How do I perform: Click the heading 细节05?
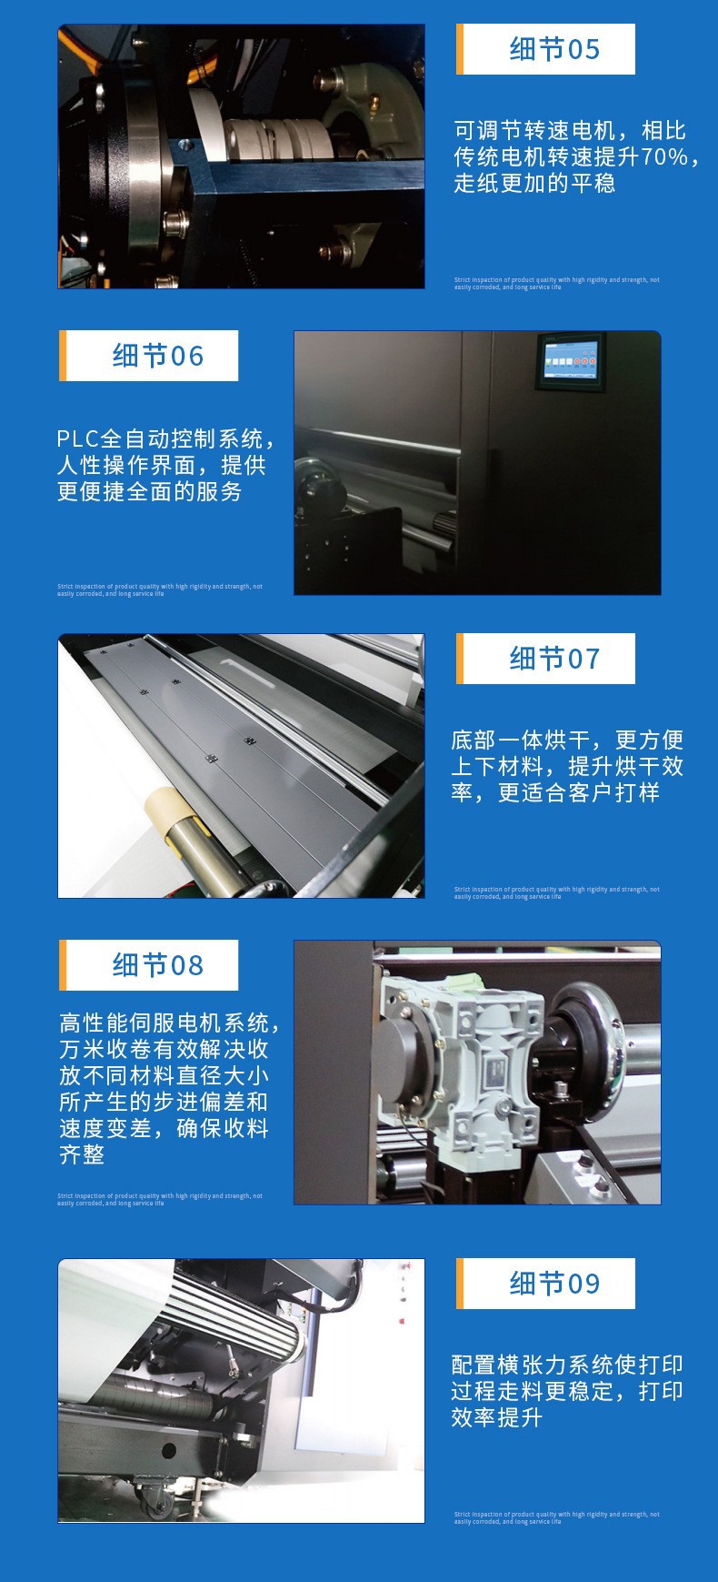[553, 49]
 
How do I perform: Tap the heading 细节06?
[157, 356]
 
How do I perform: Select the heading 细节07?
[553, 659]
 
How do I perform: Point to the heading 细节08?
[157, 965]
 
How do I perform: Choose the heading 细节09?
[553, 1284]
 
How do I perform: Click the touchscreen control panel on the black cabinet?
[567, 360]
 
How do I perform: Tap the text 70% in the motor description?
[664, 156]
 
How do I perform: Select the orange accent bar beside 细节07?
[460, 659]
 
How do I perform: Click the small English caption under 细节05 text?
[556, 283]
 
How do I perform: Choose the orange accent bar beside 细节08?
[63, 965]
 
